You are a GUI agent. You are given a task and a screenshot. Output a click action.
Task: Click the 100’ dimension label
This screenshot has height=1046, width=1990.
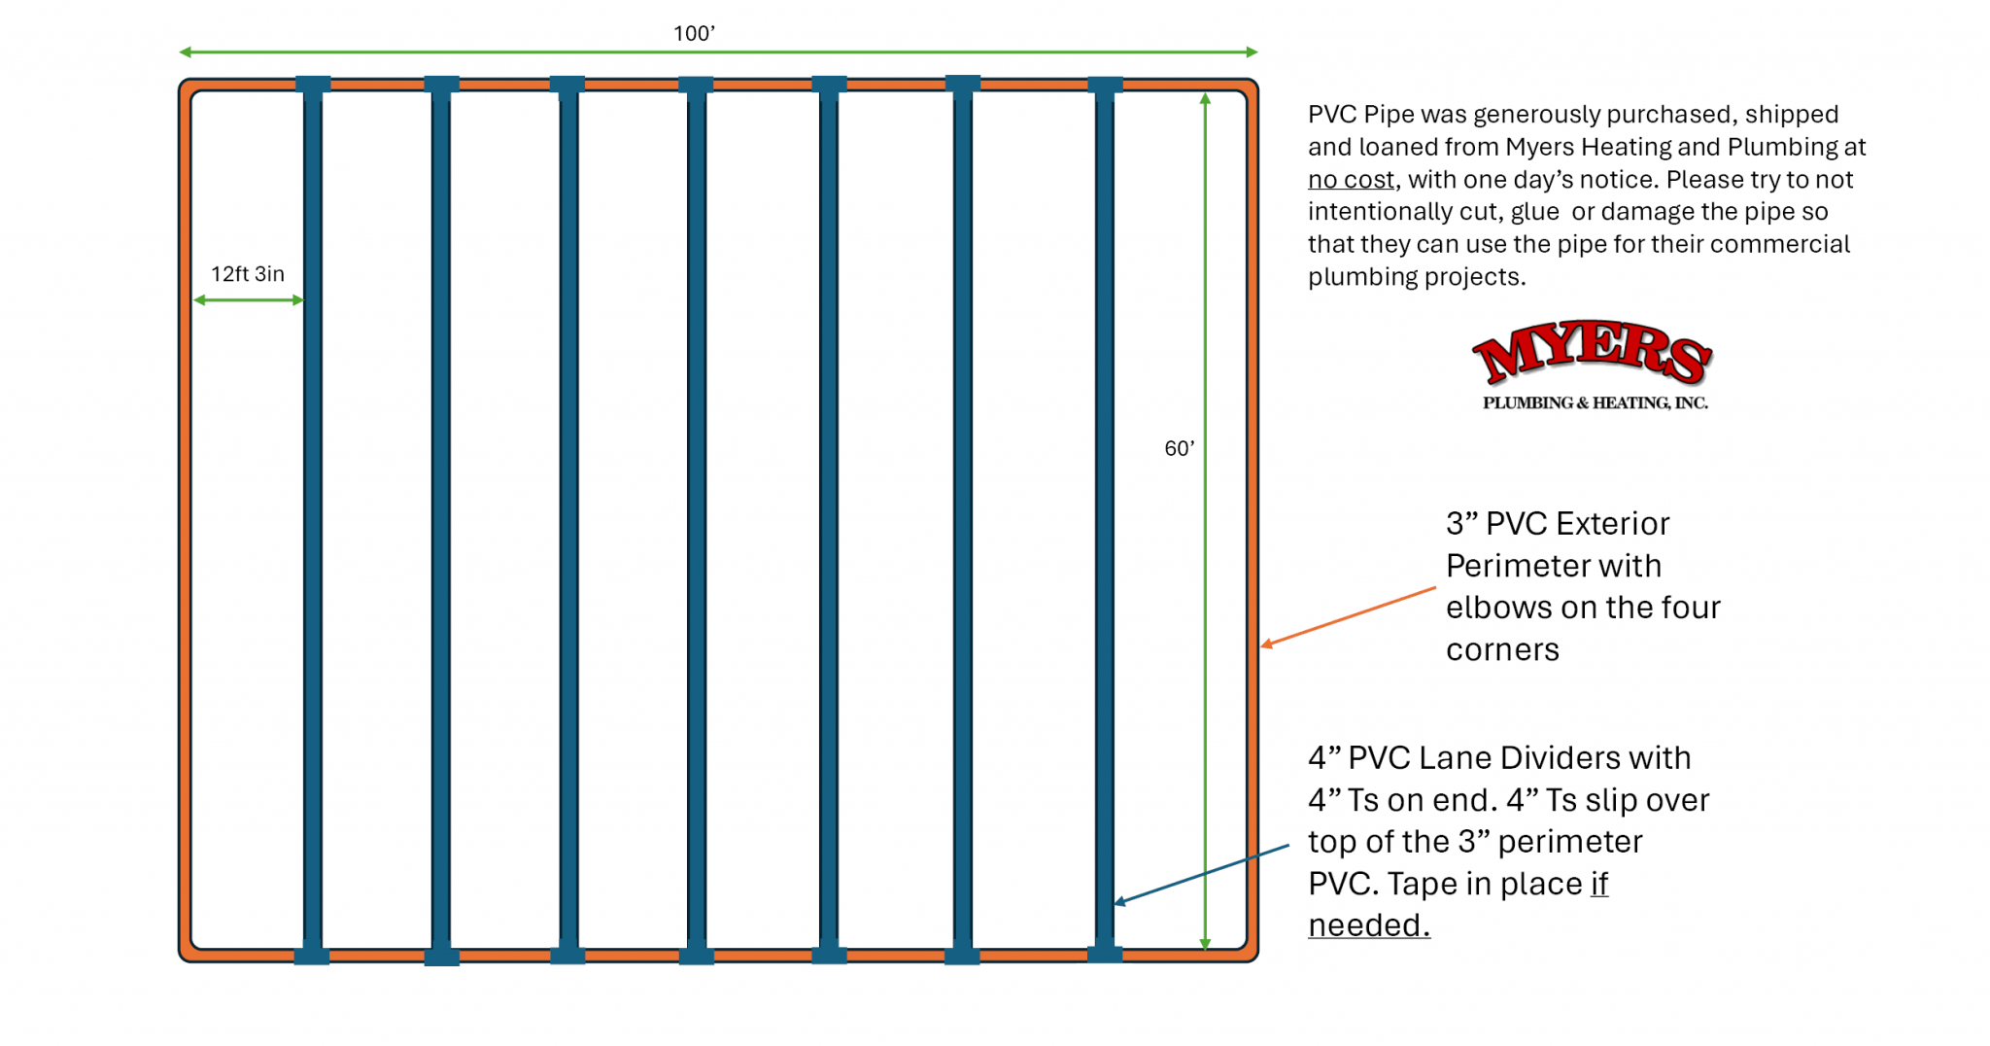click(694, 33)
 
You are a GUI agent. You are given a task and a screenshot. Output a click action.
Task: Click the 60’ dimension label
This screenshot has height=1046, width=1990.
click(1179, 448)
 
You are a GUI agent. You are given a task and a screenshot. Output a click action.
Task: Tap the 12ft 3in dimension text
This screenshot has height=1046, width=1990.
click(248, 274)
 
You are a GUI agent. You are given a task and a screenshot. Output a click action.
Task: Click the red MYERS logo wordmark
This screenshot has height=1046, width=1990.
click(1592, 352)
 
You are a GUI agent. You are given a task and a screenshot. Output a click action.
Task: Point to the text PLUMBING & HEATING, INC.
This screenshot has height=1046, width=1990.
click(1595, 402)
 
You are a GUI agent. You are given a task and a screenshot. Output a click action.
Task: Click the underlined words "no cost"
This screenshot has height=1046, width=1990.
click(1351, 180)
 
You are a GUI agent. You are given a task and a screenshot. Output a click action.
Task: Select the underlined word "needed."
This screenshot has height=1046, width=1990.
click(1369, 925)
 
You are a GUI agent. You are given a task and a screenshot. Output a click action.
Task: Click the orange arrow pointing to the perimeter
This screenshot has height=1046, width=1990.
click(1348, 617)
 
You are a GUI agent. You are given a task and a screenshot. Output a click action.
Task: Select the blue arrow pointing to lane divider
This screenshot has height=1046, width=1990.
click(1201, 875)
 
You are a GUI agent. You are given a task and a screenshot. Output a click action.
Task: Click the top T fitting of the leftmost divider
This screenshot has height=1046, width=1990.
click(313, 85)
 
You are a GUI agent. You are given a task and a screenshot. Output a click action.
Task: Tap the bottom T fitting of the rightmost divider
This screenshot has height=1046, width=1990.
click(1105, 954)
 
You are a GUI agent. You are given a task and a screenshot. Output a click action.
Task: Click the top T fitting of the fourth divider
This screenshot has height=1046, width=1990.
click(696, 86)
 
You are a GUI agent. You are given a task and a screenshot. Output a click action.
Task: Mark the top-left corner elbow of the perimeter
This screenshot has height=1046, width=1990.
click(188, 88)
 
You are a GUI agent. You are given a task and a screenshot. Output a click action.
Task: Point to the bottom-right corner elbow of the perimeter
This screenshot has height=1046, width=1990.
click(1249, 953)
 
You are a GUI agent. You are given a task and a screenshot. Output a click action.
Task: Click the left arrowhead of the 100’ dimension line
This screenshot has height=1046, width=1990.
click(185, 52)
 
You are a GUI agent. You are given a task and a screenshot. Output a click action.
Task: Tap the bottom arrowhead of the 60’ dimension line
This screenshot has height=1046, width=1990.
click(1205, 944)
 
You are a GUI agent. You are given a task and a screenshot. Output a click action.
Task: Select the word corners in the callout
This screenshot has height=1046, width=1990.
click(1502, 649)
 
